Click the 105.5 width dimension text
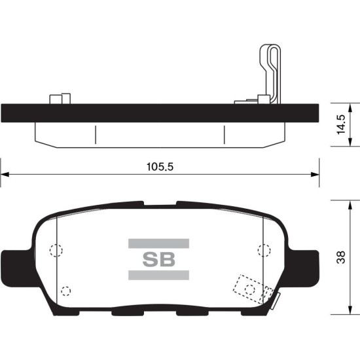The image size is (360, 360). click(160, 167)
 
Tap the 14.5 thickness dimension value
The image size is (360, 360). click(340, 124)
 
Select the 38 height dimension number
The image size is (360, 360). click(341, 258)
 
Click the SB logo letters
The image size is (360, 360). click(158, 259)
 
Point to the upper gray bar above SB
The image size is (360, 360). click(158, 243)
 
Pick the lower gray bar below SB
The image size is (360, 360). click(158, 275)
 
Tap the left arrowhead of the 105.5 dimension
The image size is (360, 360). click(5, 175)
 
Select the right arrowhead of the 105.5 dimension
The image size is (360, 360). click(315, 175)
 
